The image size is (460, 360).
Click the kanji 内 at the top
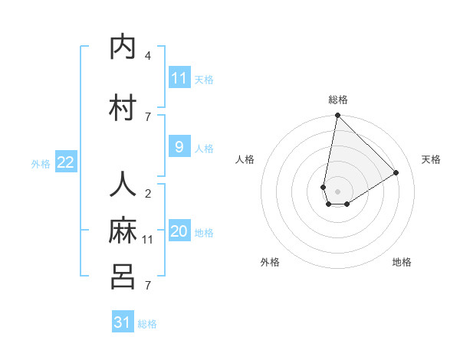pos(124,47)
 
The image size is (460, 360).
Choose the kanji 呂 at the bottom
pos(124,277)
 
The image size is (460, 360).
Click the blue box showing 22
pos(66,162)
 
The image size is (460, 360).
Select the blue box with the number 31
pos(123,322)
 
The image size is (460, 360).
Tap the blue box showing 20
pos(179,232)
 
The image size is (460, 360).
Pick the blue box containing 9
pos(179,148)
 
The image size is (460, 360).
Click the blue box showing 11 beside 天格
pos(179,78)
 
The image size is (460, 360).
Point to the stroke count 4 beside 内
pos(148,56)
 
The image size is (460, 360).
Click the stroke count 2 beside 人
pos(148,194)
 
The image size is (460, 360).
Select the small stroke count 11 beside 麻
pos(148,240)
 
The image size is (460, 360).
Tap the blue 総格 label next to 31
pos(147,324)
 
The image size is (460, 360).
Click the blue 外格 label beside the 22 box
pos(41,163)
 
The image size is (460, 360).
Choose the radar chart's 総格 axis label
pos(338,100)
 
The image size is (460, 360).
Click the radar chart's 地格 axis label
pos(402,262)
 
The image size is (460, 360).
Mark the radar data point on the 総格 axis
pos(337,116)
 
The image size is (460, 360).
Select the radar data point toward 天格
pos(396,173)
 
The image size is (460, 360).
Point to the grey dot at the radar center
pos(338,191)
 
